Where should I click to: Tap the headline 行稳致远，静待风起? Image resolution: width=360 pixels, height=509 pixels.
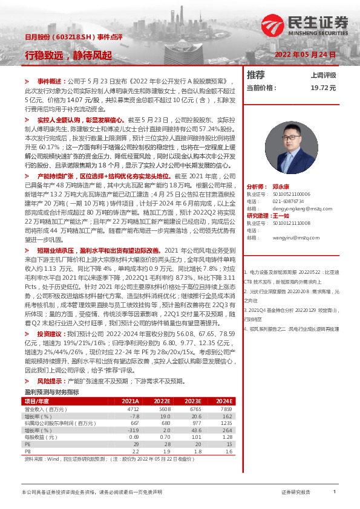68,55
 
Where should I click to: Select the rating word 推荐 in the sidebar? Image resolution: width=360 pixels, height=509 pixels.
256,75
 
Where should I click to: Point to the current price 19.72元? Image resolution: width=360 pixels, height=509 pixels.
323,88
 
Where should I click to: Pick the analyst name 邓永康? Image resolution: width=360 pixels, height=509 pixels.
282,171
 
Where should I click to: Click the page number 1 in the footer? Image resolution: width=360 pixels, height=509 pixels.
334,492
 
